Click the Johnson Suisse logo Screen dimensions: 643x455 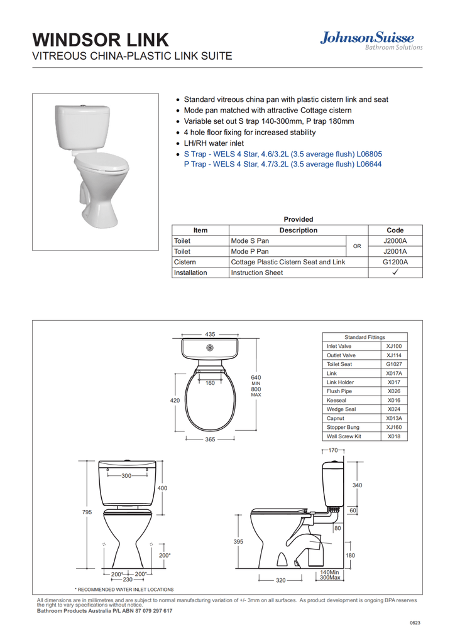point(371,40)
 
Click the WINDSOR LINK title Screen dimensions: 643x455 point(101,40)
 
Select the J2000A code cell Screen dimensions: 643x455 point(395,241)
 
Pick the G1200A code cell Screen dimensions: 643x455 point(395,262)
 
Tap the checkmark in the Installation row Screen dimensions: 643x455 point(395,273)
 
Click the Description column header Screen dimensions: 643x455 point(298,230)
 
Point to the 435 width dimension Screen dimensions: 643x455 point(210,334)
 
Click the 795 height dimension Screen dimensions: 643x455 point(87,512)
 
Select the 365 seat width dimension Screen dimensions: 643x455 point(210,440)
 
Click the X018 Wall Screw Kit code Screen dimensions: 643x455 point(394,436)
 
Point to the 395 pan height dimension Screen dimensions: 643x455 point(238,541)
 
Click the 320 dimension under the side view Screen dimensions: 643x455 point(281,581)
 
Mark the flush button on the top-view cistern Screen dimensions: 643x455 point(210,348)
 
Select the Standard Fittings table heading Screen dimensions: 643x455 point(365,337)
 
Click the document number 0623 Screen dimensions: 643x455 point(415,623)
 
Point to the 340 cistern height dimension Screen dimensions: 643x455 point(358,485)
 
